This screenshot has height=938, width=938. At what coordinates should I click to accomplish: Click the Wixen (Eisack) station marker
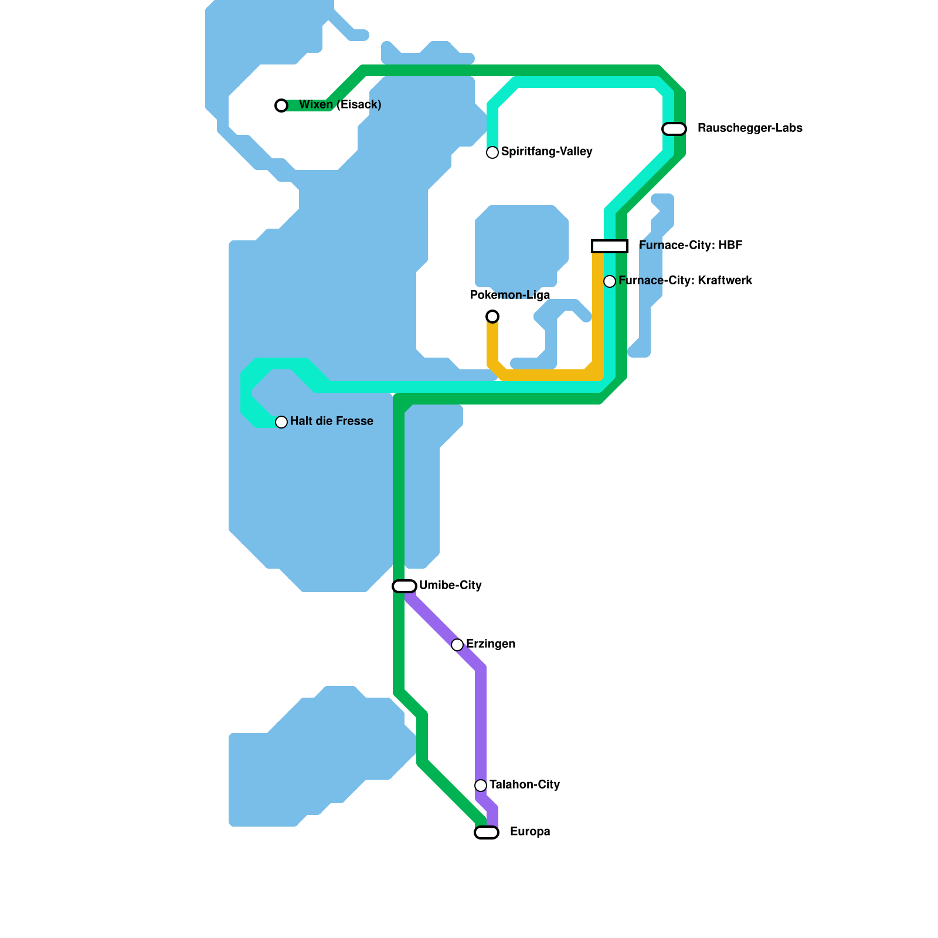[x=281, y=106]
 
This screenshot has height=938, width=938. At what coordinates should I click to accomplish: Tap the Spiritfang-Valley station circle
[x=492, y=152]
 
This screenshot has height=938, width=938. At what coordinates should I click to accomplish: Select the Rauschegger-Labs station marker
[x=674, y=129]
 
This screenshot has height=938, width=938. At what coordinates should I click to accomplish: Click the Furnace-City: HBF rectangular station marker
[x=610, y=246]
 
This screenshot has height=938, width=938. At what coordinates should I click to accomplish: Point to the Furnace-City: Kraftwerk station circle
[x=610, y=281]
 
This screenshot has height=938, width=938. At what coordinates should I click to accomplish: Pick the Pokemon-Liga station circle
[x=492, y=317]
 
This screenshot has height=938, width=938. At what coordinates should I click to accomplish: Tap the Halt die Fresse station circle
[x=281, y=422]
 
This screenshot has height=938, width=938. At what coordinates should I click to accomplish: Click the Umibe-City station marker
[x=405, y=586]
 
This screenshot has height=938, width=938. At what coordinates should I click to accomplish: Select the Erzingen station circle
[x=457, y=645]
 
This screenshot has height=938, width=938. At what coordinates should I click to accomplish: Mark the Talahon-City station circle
[x=481, y=786]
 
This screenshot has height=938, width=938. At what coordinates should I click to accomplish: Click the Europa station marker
[x=487, y=832]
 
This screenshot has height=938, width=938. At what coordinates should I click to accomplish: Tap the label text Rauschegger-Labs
[x=750, y=128]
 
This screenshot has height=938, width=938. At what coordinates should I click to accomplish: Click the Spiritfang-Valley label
[x=546, y=152]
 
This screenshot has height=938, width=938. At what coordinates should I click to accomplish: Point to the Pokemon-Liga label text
[x=510, y=295]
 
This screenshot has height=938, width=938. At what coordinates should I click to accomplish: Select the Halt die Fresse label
[x=332, y=422]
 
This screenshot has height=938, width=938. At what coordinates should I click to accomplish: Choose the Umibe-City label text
[x=450, y=586]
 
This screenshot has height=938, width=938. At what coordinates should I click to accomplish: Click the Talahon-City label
[x=525, y=785]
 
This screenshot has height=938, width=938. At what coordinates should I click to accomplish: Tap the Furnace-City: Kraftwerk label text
[x=685, y=281]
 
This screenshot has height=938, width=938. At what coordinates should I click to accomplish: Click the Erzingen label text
[x=491, y=644]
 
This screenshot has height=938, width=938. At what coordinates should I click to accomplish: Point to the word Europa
[x=530, y=832]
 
